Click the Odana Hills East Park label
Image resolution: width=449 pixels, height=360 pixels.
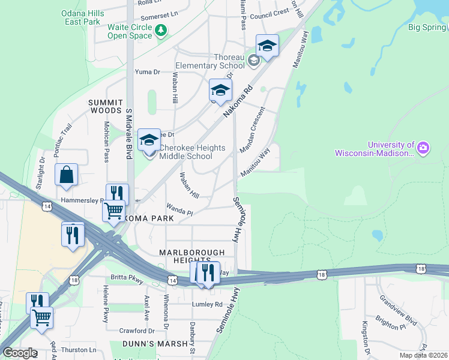(82, 17)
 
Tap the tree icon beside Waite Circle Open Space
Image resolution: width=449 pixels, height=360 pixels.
(160, 31)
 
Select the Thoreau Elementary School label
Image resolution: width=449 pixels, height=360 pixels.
(210, 61)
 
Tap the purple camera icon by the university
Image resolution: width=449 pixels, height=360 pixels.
(424, 148)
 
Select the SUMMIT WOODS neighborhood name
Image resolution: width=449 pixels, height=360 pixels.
(105, 107)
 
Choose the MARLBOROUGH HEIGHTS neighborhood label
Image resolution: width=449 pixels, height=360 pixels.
(191, 257)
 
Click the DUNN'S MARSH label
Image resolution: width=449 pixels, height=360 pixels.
(148, 344)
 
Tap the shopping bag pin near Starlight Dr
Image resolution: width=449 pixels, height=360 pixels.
(66, 175)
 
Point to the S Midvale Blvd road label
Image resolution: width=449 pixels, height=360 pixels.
(128, 133)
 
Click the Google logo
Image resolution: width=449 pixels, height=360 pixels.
(20, 353)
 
